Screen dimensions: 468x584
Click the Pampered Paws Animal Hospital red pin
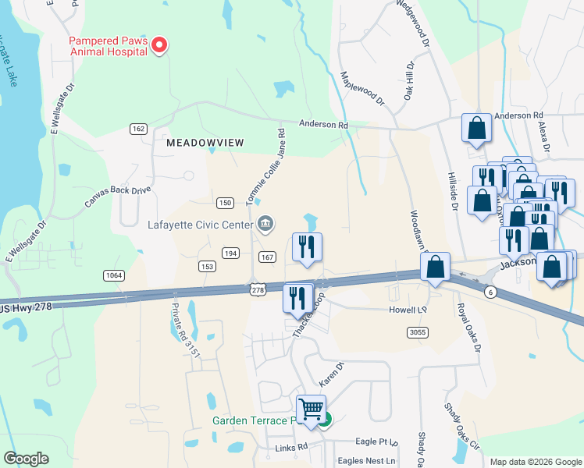click(159, 45)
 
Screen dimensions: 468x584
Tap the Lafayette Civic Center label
click(202, 225)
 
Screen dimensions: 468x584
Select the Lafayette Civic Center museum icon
click(265, 225)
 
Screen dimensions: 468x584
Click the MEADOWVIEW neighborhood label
click(205, 143)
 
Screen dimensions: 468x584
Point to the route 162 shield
click(139, 129)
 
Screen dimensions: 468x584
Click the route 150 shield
click(225, 203)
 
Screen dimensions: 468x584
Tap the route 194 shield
click(230, 253)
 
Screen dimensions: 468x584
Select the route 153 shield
click(207, 266)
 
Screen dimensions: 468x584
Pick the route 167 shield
click(267, 257)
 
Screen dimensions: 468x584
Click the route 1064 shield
click(114, 275)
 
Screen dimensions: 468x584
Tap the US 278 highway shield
click(257, 289)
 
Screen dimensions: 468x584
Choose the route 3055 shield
click(418, 332)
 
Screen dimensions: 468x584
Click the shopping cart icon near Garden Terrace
click(311, 408)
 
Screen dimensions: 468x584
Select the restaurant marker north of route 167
click(307, 246)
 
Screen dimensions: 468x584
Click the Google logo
click(25, 459)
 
